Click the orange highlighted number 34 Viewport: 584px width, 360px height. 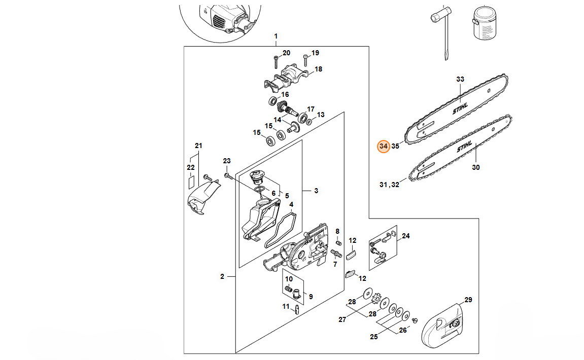pyautogui.click(x=383, y=147)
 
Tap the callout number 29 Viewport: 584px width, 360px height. pyautogui.click(x=468, y=300)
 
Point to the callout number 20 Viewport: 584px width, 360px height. pyautogui.click(x=286, y=53)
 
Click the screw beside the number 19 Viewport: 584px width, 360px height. pyautogui.click(x=305, y=60)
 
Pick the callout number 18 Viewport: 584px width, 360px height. pyautogui.click(x=318, y=69)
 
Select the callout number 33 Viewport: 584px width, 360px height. pyautogui.click(x=460, y=79)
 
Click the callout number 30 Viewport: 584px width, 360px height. pyautogui.click(x=475, y=167)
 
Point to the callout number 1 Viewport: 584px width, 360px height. pyautogui.click(x=276, y=37)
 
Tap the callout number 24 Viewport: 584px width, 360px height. pyautogui.click(x=405, y=236)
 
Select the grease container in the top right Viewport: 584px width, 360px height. pyautogui.click(x=485, y=23)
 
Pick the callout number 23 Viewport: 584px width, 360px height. pyautogui.click(x=227, y=161)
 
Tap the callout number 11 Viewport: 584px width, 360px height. pyautogui.click(x=286, y=307)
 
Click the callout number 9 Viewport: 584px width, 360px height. pyautogui.click(x=311, y=297)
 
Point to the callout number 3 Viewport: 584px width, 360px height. pyautogui.click(x=316, y=191)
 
